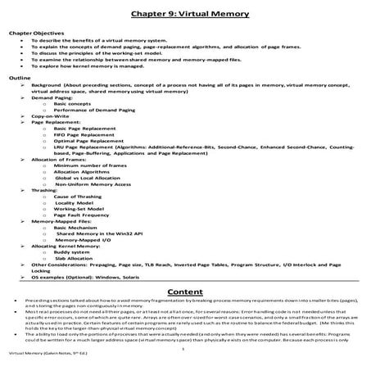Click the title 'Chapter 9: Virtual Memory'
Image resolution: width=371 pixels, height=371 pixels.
click(x=185, y=14)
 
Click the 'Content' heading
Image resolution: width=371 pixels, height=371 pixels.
click(x=185, y=292)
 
